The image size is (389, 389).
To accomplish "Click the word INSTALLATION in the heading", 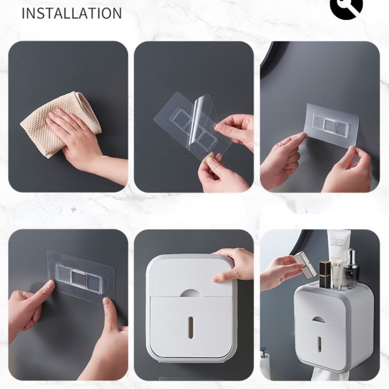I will [72, 13].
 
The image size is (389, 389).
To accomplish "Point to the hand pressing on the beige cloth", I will [74, 136].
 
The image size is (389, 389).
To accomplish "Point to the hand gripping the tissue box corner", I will [233, 265].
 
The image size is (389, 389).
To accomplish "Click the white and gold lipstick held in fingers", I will [306, 265].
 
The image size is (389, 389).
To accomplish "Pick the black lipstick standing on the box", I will [325, 274].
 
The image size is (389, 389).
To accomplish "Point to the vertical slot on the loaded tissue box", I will [319, 344].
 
